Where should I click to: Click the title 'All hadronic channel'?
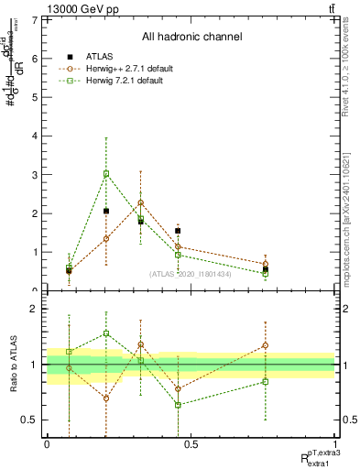(191, 38)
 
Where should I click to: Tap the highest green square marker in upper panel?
(106, 173)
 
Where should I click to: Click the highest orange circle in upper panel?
(140, 202)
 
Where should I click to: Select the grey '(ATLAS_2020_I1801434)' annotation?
(191, 274)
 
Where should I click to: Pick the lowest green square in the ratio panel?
(178, 405)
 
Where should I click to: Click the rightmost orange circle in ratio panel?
(266, 345)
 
